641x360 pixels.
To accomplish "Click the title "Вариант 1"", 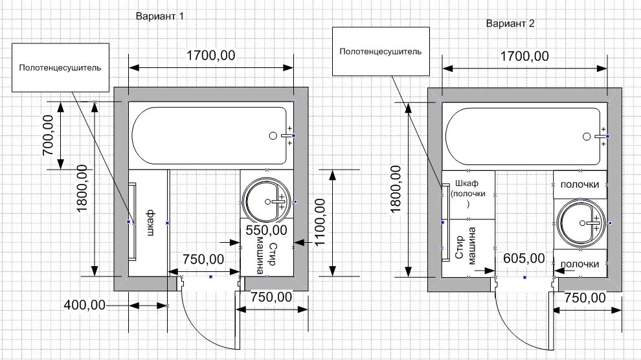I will (160, 17).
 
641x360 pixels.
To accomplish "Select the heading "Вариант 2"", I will (511, 23).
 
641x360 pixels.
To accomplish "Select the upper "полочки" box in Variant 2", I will (580, 185).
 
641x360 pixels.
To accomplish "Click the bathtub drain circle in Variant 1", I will (273, 136).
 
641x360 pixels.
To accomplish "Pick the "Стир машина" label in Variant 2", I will (467, 247).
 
